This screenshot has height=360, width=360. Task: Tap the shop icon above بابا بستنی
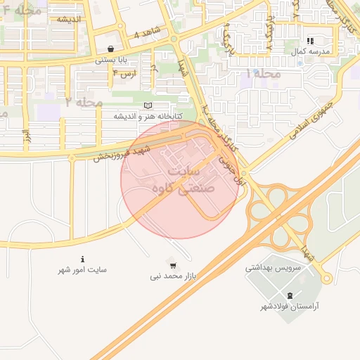(x=112, y=49)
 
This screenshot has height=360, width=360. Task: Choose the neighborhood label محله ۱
(x=263, y=73)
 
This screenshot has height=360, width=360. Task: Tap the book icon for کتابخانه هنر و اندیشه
(x=147, y=105)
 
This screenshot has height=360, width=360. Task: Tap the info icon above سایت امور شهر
(x=83, y=259)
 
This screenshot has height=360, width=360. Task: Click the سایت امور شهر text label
(x=83, y=270)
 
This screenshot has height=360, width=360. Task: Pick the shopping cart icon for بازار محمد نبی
(x=173, y=264)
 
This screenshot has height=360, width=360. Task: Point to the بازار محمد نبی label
(x=173, y=276)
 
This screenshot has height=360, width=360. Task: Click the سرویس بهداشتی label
(x=273, y=267)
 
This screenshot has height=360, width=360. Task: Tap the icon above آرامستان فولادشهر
(x=291, y=295)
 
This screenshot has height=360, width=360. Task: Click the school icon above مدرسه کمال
(x=310, y=41)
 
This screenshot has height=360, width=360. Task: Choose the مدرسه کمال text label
(x=310, y=52)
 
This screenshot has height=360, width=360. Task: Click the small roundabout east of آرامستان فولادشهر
(x=326, y=278)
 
